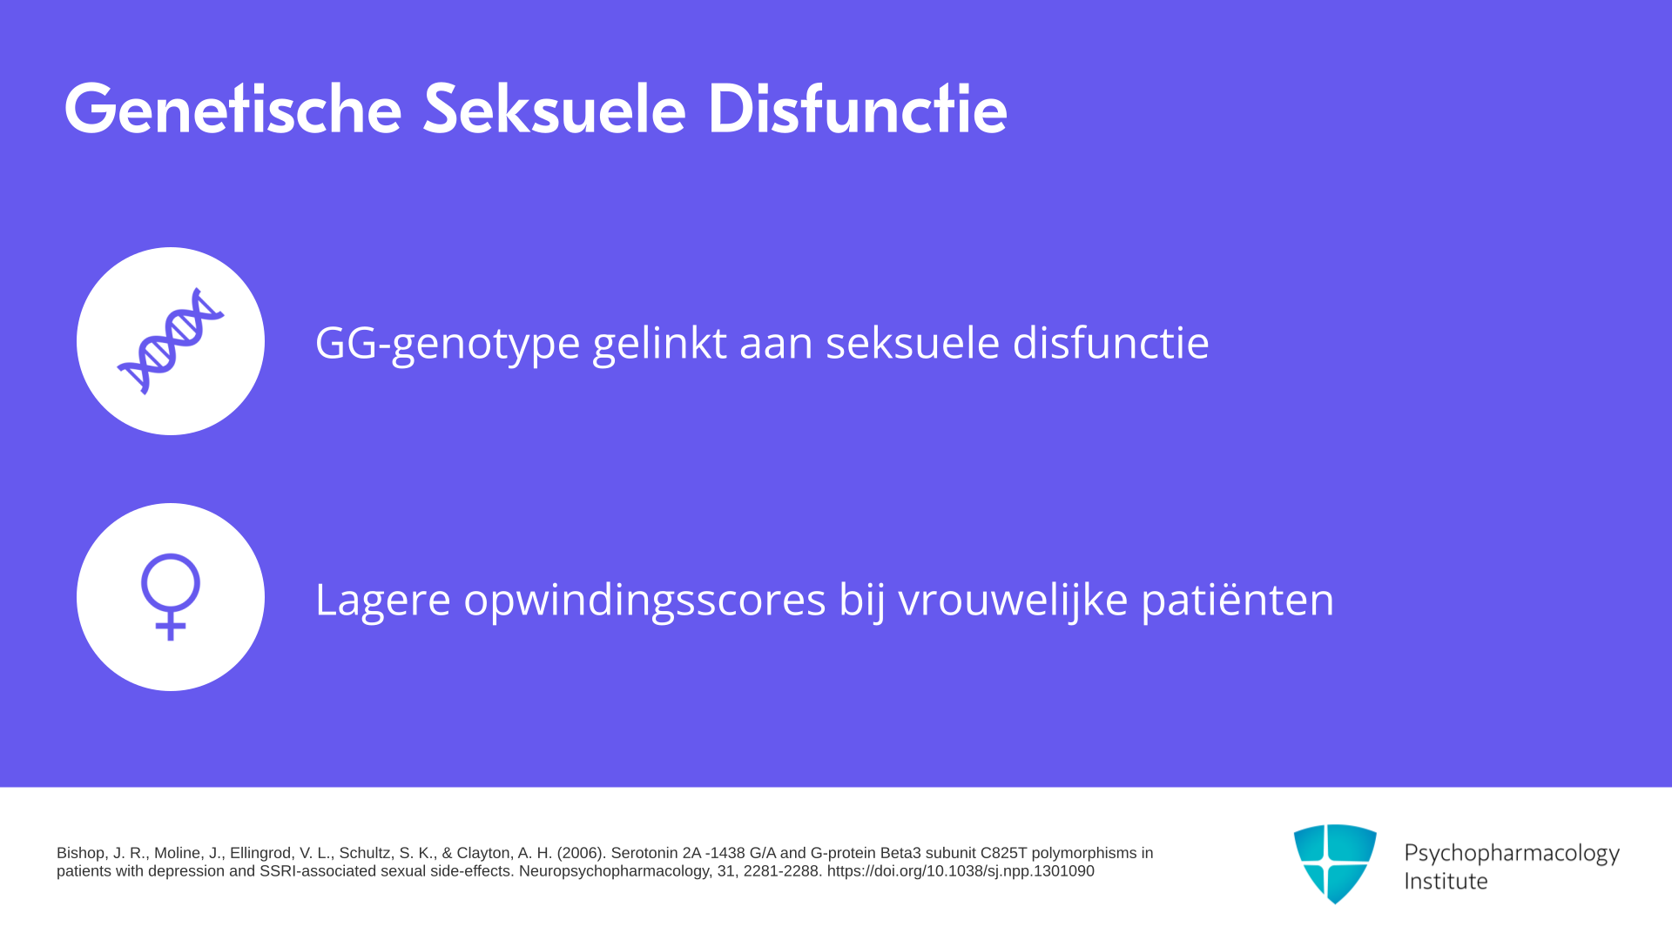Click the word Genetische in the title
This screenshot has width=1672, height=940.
(233, 109)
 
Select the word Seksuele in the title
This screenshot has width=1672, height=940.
(555, 109)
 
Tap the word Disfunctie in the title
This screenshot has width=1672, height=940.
(858, 109)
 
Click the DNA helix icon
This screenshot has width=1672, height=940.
(171, 341)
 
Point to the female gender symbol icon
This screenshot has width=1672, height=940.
(171, 597)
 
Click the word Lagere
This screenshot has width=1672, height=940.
(383, 601)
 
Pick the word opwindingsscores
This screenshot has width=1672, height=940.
(644, 601)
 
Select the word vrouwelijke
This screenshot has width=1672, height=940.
(1013, 599)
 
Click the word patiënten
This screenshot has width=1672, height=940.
(1237, 601)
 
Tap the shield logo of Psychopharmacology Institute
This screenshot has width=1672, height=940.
(1335, 863)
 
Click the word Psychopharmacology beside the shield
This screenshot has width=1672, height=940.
(1512, 854)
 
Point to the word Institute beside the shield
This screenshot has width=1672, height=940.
(1446, 881)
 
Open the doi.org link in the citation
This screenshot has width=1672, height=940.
(961, 871)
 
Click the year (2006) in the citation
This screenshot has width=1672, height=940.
(580, 853)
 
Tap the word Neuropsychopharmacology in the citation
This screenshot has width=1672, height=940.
(614, 871)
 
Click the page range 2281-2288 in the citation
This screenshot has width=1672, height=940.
(781, 871)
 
